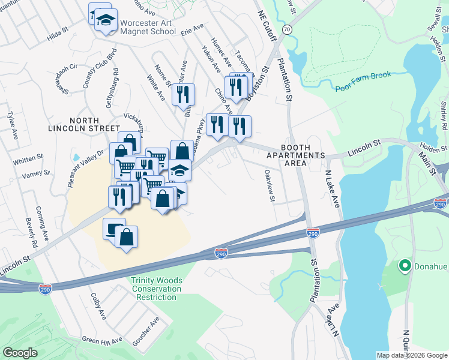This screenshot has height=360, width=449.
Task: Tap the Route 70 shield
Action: tap(288, 29)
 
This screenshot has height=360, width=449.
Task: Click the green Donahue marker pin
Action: tap(405, 265)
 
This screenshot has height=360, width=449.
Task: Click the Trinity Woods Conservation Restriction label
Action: tap(157, 289)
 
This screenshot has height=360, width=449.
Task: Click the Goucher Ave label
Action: tap(145, 331)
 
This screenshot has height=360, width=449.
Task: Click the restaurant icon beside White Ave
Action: tap(183, 95)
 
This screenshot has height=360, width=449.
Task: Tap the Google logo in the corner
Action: tap(20, 353)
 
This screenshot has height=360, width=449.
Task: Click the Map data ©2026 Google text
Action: tap(411, 355)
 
